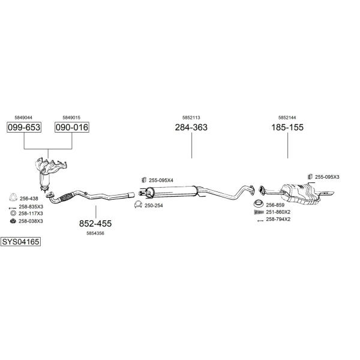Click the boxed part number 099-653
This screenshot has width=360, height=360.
23,127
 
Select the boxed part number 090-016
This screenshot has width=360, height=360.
72,127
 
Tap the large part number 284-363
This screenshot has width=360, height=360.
191,127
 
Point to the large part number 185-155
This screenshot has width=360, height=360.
288,127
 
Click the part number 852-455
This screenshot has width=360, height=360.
95,223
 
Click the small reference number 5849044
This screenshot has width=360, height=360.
23,118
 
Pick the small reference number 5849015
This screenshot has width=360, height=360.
72,118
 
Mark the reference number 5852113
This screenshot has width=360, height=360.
191,118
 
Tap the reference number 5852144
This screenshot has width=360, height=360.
288,118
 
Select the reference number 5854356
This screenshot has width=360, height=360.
95,233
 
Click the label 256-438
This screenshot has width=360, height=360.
29,198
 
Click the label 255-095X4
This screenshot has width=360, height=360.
161,180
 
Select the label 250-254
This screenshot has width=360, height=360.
154,205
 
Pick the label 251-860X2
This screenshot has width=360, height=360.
278,212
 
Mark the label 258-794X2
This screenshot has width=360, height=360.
278,219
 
